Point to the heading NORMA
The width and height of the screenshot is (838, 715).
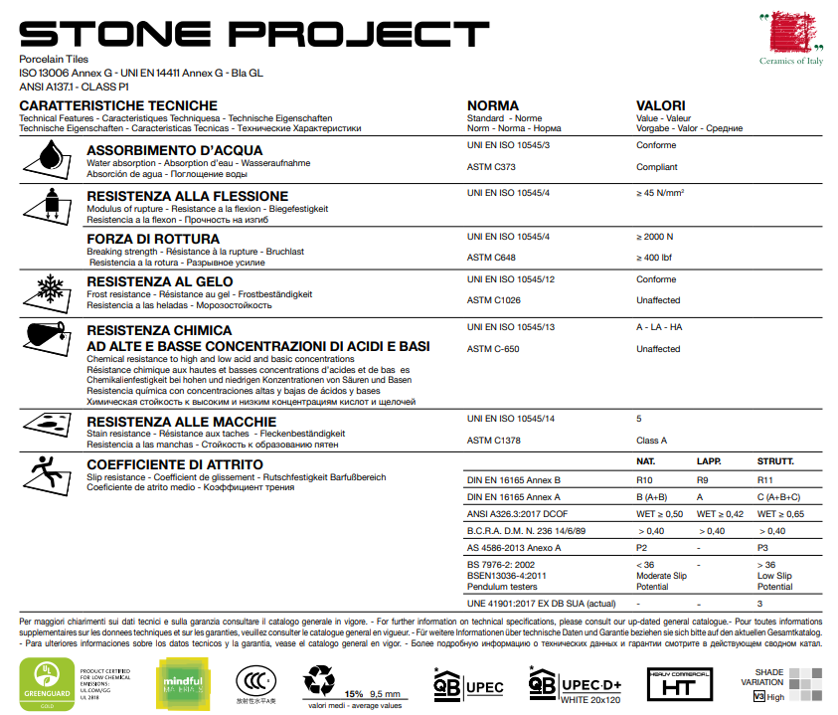(x=493, y=105)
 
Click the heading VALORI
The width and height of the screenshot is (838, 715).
(x=660, y=105)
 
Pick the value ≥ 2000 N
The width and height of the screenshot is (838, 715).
(x=655, y=237)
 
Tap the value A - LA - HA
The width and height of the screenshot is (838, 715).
(x=660, y=326)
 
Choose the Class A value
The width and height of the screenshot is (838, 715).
(x=652, y=440)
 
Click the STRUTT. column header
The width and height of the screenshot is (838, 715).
(x=775, y=462)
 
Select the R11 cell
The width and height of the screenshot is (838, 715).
(x=765, y=479)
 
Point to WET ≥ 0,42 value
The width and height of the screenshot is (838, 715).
(x=721, y=514)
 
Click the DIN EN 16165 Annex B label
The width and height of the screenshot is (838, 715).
(x=514, y=479)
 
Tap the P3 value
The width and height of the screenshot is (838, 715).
(x=763, y=548)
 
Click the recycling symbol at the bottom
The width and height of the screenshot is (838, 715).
(x=320, y=678)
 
